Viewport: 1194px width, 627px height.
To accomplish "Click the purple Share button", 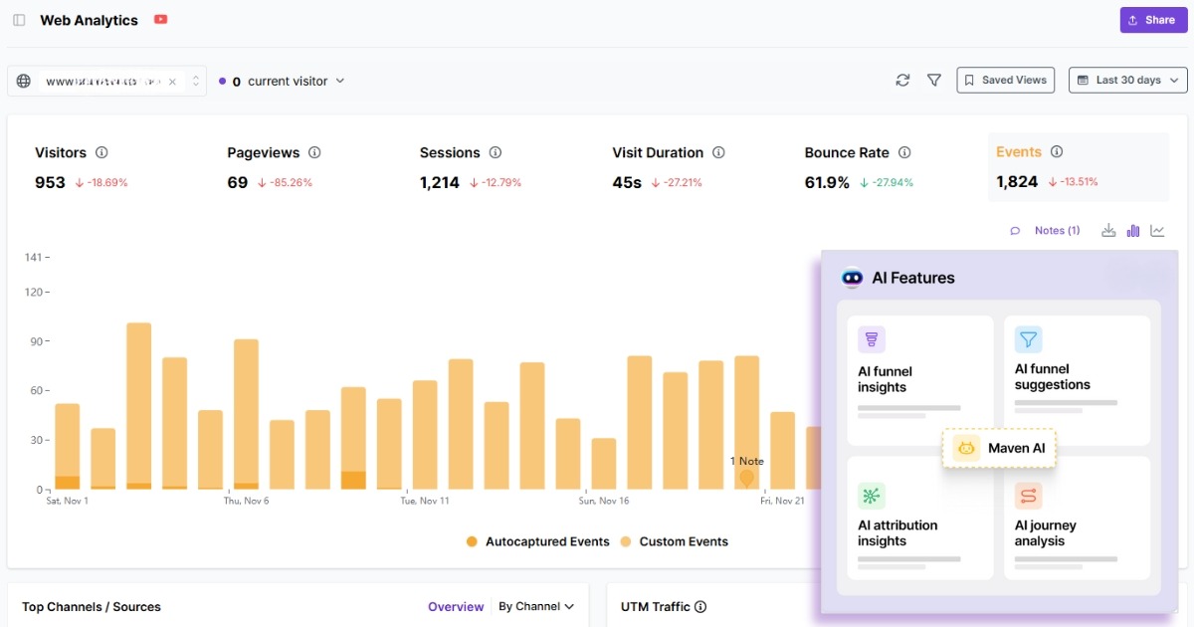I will [1153, 20].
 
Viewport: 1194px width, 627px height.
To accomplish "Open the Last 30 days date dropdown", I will [1127, 81].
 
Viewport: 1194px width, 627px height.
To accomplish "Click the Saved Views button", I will [1005, 81].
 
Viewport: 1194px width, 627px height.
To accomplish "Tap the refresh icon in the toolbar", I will [902, 81].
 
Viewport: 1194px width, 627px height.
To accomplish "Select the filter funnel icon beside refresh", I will [934, 81].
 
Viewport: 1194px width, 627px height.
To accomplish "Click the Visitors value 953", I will [50, 182].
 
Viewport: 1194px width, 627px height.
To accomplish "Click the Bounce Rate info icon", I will [904, 152].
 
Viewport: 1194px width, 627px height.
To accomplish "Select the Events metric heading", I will [1019, 152].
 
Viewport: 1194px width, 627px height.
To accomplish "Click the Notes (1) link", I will [1056, 231].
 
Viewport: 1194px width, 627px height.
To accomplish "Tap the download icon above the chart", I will [1108, 231].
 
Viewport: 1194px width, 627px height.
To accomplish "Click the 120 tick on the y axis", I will [34, 292].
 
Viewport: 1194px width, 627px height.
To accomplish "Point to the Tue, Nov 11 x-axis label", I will [425, 501].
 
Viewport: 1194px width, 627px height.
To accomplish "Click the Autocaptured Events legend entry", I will [537, 542].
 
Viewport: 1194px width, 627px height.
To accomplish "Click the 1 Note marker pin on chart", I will [746, 479].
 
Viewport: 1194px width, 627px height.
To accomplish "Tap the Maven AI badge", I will [999, 449].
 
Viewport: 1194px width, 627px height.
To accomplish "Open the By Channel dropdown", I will [536, 606].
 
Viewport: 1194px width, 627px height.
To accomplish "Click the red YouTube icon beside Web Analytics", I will [161, 20].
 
